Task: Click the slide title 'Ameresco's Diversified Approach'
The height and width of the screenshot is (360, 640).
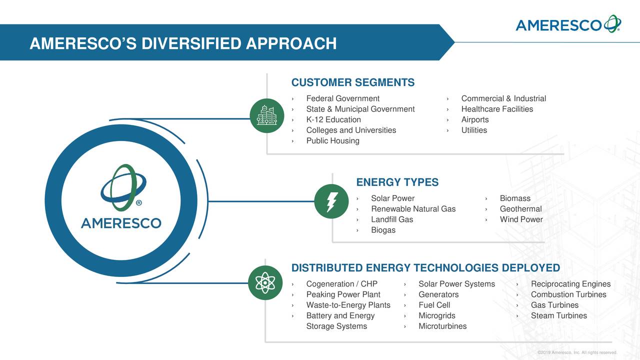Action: click(x=183, y=44)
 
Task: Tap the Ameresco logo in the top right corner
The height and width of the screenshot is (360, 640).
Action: click(x=568, y=24)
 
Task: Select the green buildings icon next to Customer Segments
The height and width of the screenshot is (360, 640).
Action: click(x=266, y=116)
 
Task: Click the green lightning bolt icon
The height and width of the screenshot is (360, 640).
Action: click(x=331, y=201)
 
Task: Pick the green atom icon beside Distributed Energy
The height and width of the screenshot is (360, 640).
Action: click(x=265, y=282)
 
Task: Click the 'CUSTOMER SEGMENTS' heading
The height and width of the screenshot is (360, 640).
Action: click(x=352, y=82)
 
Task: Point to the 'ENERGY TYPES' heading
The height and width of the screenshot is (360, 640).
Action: click(x=397, y=182)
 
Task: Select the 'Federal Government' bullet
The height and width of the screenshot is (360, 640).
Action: click(x=342, y=98)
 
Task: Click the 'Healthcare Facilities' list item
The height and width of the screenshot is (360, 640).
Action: click(x=496, y=109)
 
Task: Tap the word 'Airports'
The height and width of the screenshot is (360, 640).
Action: click(x=474, y=119)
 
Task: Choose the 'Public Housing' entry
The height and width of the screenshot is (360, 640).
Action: click(x=332, y=140)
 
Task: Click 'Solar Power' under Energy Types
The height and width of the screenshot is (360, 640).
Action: click(x=392, y=198)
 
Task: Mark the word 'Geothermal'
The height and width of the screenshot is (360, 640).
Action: click(x=520, y=208)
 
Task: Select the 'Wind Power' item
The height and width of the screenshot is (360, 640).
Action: click(x=521, y=219)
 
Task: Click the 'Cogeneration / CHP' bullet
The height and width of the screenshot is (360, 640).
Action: click(x=341, y=284)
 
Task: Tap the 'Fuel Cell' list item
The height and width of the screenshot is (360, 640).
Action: click(x=434, y=305)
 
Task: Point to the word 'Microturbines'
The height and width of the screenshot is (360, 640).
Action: click(x=442, y=326)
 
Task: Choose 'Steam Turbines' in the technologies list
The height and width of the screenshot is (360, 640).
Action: click(x=558, y=315)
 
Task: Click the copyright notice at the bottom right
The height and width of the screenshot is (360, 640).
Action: click(x=576, y=353)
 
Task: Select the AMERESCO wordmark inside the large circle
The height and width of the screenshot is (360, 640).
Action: click(x=121, y=223)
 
